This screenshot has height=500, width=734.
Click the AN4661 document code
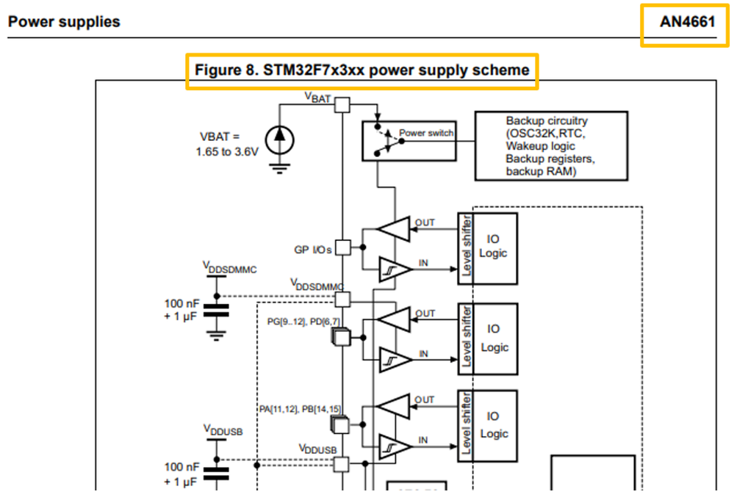click(687, 21)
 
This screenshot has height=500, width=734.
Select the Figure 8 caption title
click(361, 70)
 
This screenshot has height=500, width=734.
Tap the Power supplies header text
click(64, 21)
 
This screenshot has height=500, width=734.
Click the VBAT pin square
click(342, 105)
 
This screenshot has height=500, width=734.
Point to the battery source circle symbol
click(279, 140)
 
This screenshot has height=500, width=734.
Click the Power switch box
click(409, 141)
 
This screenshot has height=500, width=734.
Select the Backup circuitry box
click(551, 145)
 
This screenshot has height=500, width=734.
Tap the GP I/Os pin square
click(343, 247)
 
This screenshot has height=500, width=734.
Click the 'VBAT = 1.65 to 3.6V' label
click(226, 144)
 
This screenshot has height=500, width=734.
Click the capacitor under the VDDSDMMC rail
click(216, 311)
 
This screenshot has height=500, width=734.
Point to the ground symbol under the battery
click(279, 168)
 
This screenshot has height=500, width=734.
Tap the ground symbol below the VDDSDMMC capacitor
click(216, 336)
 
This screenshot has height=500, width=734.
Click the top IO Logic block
click(494, 248)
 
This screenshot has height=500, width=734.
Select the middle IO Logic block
click(494, 338)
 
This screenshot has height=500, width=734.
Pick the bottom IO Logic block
click(494, 426)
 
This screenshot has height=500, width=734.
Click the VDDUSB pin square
click(341, 464)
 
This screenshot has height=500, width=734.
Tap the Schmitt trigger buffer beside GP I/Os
click(395, 269)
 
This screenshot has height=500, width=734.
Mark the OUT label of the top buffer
click(425, 222)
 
